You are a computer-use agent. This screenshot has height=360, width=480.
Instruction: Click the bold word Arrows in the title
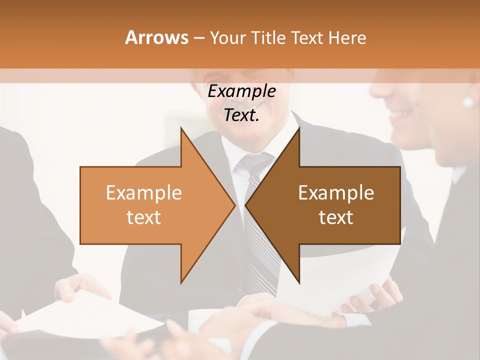[x=156, y=37]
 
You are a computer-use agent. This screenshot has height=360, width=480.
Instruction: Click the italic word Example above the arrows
[x=241, y=91]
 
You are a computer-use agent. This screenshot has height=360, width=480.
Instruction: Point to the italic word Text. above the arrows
[x=241, y=115]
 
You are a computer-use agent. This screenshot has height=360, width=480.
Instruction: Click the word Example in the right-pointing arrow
[x=144, y=192]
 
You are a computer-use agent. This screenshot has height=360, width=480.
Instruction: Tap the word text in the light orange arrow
[x=144, y=217]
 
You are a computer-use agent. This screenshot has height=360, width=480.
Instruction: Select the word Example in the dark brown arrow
[x=336, y=192]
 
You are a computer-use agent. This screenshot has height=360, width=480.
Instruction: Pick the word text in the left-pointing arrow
[x=336, y=217]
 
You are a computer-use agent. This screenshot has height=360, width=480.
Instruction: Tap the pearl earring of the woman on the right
[x=468, y=102]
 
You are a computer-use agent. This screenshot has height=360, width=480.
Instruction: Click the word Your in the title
[x=227, y=37]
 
